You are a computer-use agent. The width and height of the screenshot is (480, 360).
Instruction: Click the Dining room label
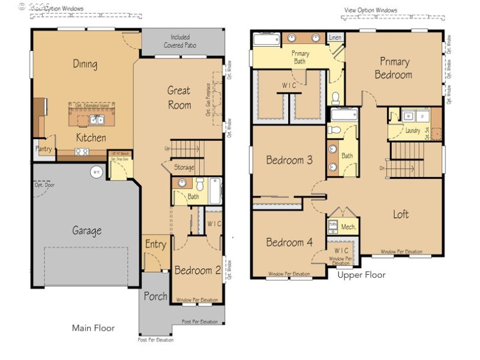[x=85, y=64]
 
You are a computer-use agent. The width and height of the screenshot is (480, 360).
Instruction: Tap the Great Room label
[x=179, y=98]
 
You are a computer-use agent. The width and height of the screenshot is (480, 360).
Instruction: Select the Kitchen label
[x=91, y=138]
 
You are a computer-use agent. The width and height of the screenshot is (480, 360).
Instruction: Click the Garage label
[x=87, y=230]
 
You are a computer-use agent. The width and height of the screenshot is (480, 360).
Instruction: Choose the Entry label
[x=155, y=244]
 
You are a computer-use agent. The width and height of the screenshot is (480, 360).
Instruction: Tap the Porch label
[x=155, y=296]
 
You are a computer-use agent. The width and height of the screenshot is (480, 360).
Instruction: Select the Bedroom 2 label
[x=197, y=270]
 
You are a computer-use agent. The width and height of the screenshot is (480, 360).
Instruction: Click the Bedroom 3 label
[x=289, y=160]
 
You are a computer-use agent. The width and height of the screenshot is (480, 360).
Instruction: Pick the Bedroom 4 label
[x=289, y=242]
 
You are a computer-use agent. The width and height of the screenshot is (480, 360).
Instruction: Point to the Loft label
[x=401, y=214]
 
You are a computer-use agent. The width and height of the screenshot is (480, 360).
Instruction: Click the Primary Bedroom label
[x=394, y=68]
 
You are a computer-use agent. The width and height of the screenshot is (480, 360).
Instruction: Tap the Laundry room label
[x=413, y=130]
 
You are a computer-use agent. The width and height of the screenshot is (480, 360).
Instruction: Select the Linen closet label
[x=335, y=38]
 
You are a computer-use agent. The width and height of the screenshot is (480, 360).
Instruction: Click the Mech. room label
[x=349, y=227]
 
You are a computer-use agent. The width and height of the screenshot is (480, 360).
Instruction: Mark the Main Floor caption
[x=93, y=328]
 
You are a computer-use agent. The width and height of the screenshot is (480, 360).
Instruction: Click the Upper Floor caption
[x=361, y=275]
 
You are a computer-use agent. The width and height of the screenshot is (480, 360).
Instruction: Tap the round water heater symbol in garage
[x=95, y=173]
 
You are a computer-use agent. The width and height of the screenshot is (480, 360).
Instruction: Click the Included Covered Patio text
[x=180, y=41]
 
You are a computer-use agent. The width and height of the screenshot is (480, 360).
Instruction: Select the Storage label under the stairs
[x=184, y=167]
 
